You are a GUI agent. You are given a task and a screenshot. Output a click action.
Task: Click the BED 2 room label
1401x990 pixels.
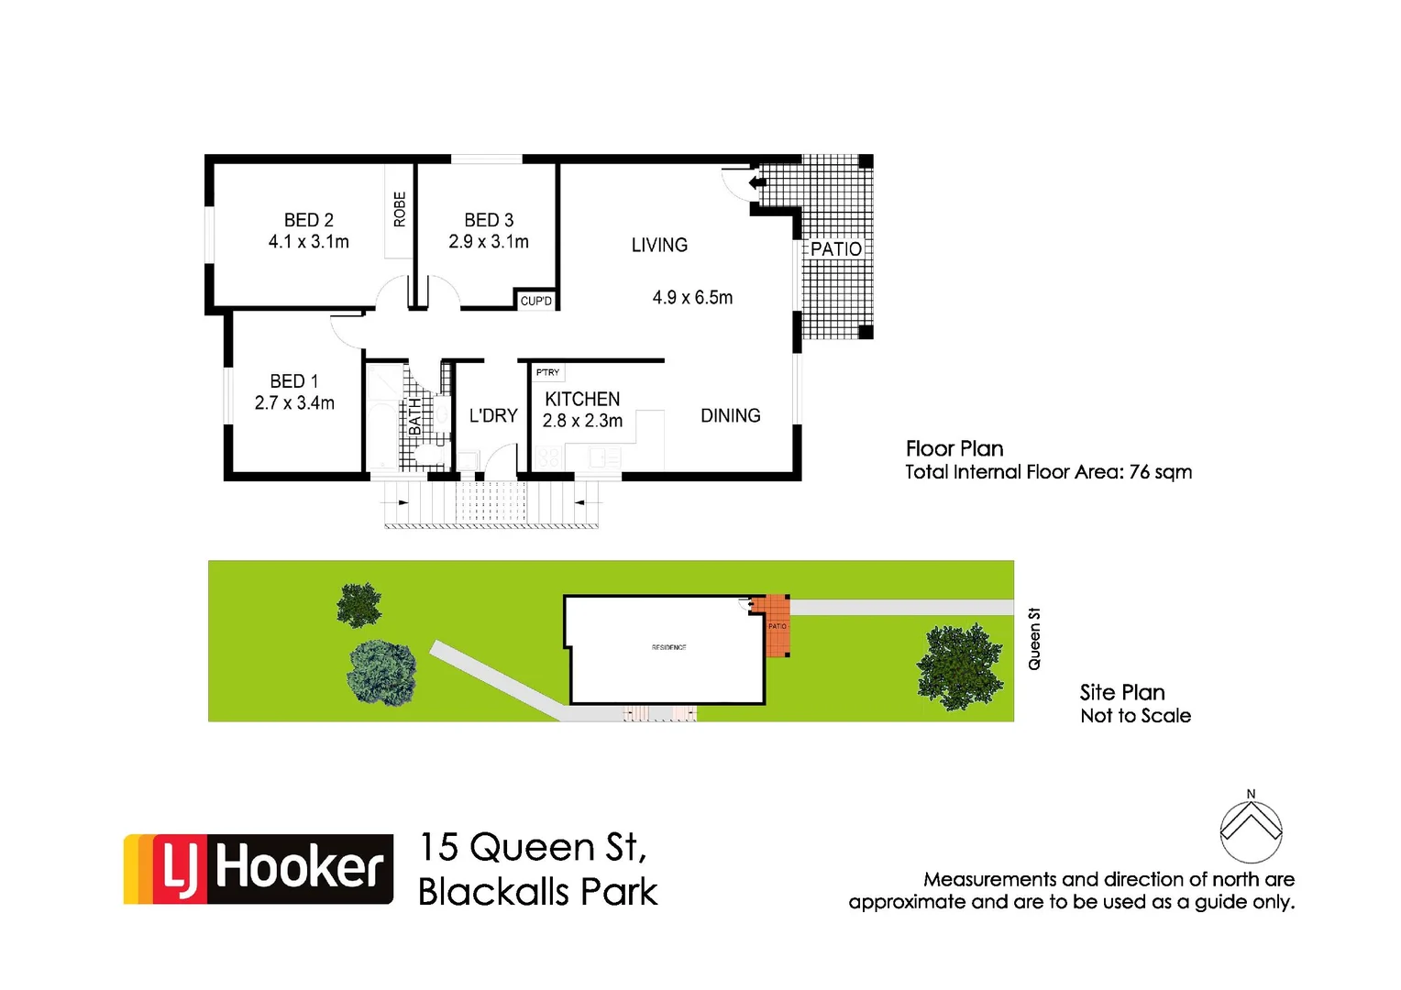[x=308, y=220]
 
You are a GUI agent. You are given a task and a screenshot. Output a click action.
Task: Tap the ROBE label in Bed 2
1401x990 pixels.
[x=400, y=209]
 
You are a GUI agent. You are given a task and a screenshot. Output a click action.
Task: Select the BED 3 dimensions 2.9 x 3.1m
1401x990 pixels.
[x=488, y=242]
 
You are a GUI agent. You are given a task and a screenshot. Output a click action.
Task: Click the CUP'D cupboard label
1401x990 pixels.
[x=536, y=301]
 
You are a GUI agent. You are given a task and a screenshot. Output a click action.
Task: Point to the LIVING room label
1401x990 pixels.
[x=659, y=245]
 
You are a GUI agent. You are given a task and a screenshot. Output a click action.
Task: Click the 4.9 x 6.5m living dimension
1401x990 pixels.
[x=692, y=298]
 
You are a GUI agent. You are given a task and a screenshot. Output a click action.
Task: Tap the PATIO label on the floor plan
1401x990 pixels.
[x=835, y=249]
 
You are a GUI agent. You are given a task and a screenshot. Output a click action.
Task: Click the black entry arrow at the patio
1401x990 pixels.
[x=757, y=183]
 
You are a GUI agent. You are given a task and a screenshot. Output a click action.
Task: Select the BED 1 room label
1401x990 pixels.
[x=293, y=381]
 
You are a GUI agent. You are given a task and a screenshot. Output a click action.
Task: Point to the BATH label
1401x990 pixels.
[x=415, y=417]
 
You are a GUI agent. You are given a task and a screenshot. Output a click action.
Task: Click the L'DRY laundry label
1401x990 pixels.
[x=493, y=416]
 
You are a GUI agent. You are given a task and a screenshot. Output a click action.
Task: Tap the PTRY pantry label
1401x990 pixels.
[x=547, y=372]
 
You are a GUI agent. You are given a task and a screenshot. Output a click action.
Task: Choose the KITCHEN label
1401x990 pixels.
[x=582, y=400]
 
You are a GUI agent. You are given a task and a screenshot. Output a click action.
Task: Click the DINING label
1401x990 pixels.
[x=730, y=416]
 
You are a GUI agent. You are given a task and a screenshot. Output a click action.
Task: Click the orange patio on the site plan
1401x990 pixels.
[x=777, y=626]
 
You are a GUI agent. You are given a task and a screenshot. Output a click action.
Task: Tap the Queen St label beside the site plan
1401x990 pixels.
[x=1034, y=639]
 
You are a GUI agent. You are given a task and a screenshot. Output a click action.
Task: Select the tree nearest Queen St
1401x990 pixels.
[x=959, y=665]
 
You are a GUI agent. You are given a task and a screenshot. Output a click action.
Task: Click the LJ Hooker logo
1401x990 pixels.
[x=259, y=869]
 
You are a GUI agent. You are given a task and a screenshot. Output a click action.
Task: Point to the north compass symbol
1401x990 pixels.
[x=1251, y=830]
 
